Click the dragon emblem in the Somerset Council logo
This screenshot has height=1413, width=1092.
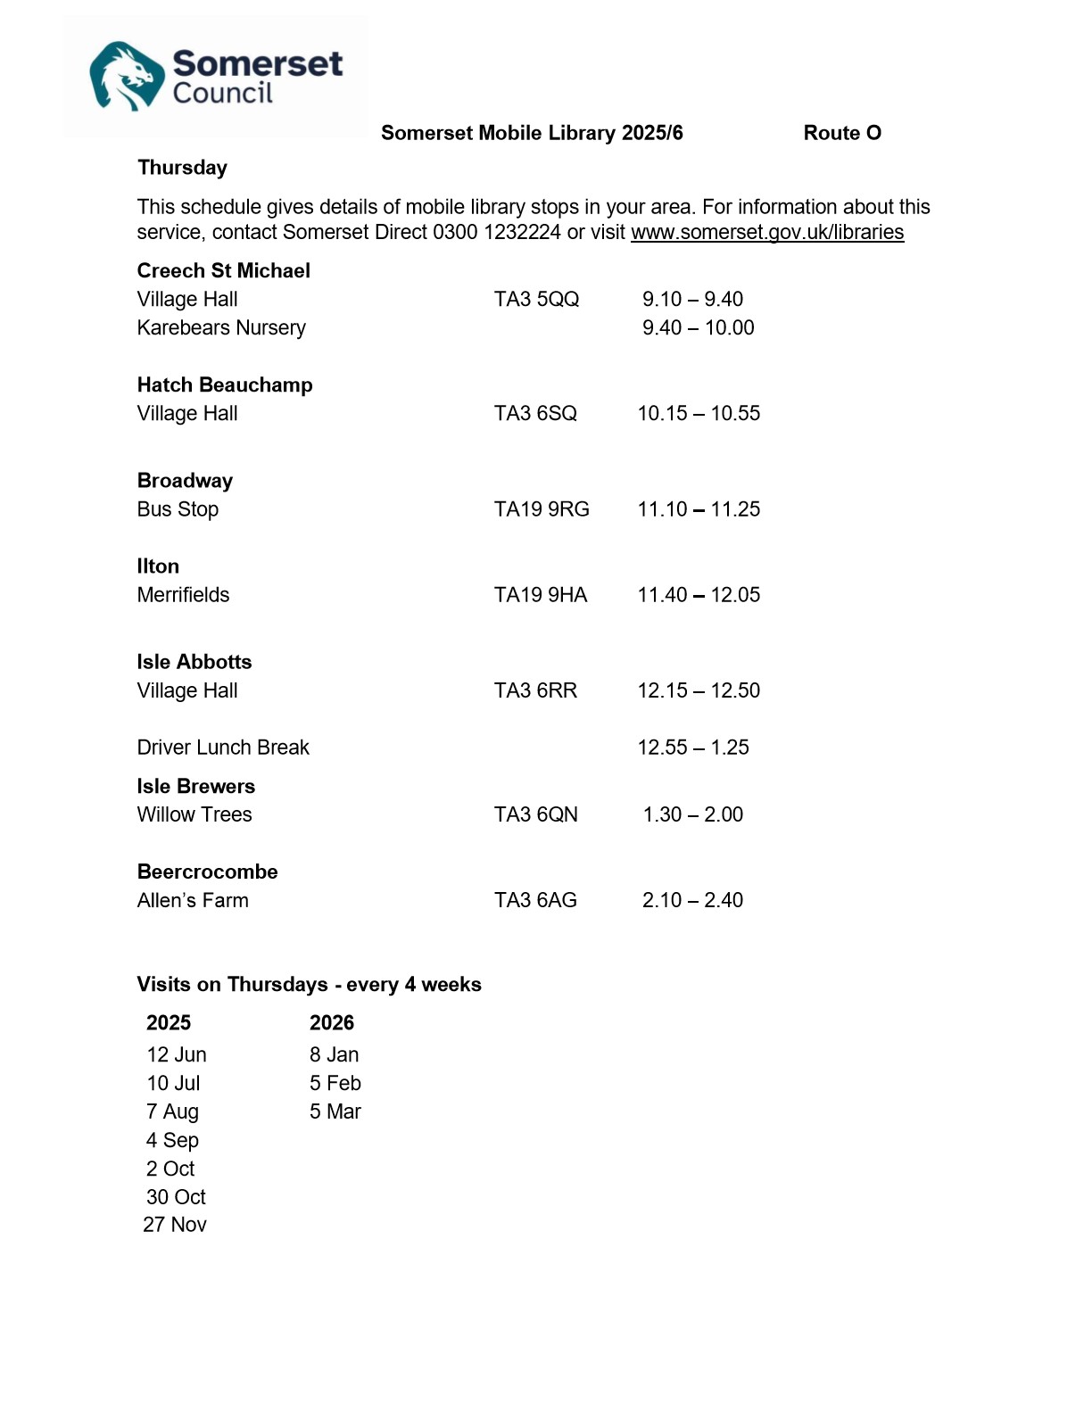[127, 77]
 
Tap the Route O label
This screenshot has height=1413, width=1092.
[841, 133]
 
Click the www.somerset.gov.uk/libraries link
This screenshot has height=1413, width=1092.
[766, 233]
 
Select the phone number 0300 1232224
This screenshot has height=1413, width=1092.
[496, 233]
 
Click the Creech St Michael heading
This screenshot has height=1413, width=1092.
[223, 271]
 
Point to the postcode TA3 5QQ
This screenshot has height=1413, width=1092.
[536, 300]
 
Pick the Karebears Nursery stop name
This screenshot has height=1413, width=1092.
[221, 328]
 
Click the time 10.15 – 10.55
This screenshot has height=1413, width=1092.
[699, 414]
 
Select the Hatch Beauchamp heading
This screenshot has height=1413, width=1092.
[225, 385]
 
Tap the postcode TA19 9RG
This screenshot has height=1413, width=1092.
[542, 509]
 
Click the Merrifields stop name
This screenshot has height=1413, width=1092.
[183, 595]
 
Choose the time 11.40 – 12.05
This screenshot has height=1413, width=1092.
[699, 595]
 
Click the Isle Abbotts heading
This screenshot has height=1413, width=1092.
[194, 662]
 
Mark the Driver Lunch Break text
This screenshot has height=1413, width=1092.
[223, 748]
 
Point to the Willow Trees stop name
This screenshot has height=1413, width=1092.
[194, 814]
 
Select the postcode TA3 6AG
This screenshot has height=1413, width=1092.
[535, 900]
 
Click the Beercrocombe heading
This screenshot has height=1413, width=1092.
[207, 872]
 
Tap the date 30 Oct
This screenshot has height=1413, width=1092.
[176, 1197]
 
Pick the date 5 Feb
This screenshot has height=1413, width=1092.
[335, 1083]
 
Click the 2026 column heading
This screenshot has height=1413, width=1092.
[331, 1023]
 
